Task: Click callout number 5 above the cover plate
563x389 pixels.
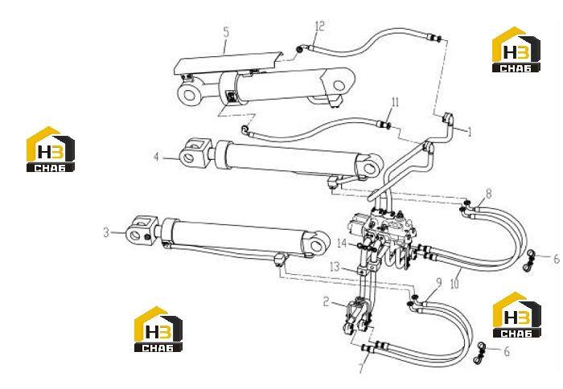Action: click(x=225, y=31)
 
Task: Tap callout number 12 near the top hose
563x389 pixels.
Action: click(x=319, y=26)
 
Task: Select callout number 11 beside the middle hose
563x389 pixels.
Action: click(x=395, y=103)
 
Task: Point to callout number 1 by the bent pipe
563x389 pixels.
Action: click(x=469, y=132)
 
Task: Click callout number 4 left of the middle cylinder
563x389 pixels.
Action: click(x=157, y=157)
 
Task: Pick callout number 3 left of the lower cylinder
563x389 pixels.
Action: click(x=106, y=232)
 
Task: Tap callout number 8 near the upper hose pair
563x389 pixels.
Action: click(x=488, y=194)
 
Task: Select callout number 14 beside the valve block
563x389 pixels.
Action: click(x=342, y=244)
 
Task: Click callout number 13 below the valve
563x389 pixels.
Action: click(x=335, y=267)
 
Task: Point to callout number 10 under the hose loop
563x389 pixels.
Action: click(x=454, y=284)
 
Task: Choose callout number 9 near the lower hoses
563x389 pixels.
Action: click(x=439, y=283)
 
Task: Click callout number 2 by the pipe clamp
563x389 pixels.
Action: click(x=326, y=301)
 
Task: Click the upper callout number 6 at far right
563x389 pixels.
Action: click(x=557, y=258)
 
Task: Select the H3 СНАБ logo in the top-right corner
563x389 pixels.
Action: click(x=516, y=50)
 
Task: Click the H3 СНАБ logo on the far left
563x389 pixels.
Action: click(x=51, y=149)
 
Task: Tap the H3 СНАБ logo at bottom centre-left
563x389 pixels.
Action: click(x=158, y=329)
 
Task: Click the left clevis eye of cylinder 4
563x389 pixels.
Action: click(x=189, y=158)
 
